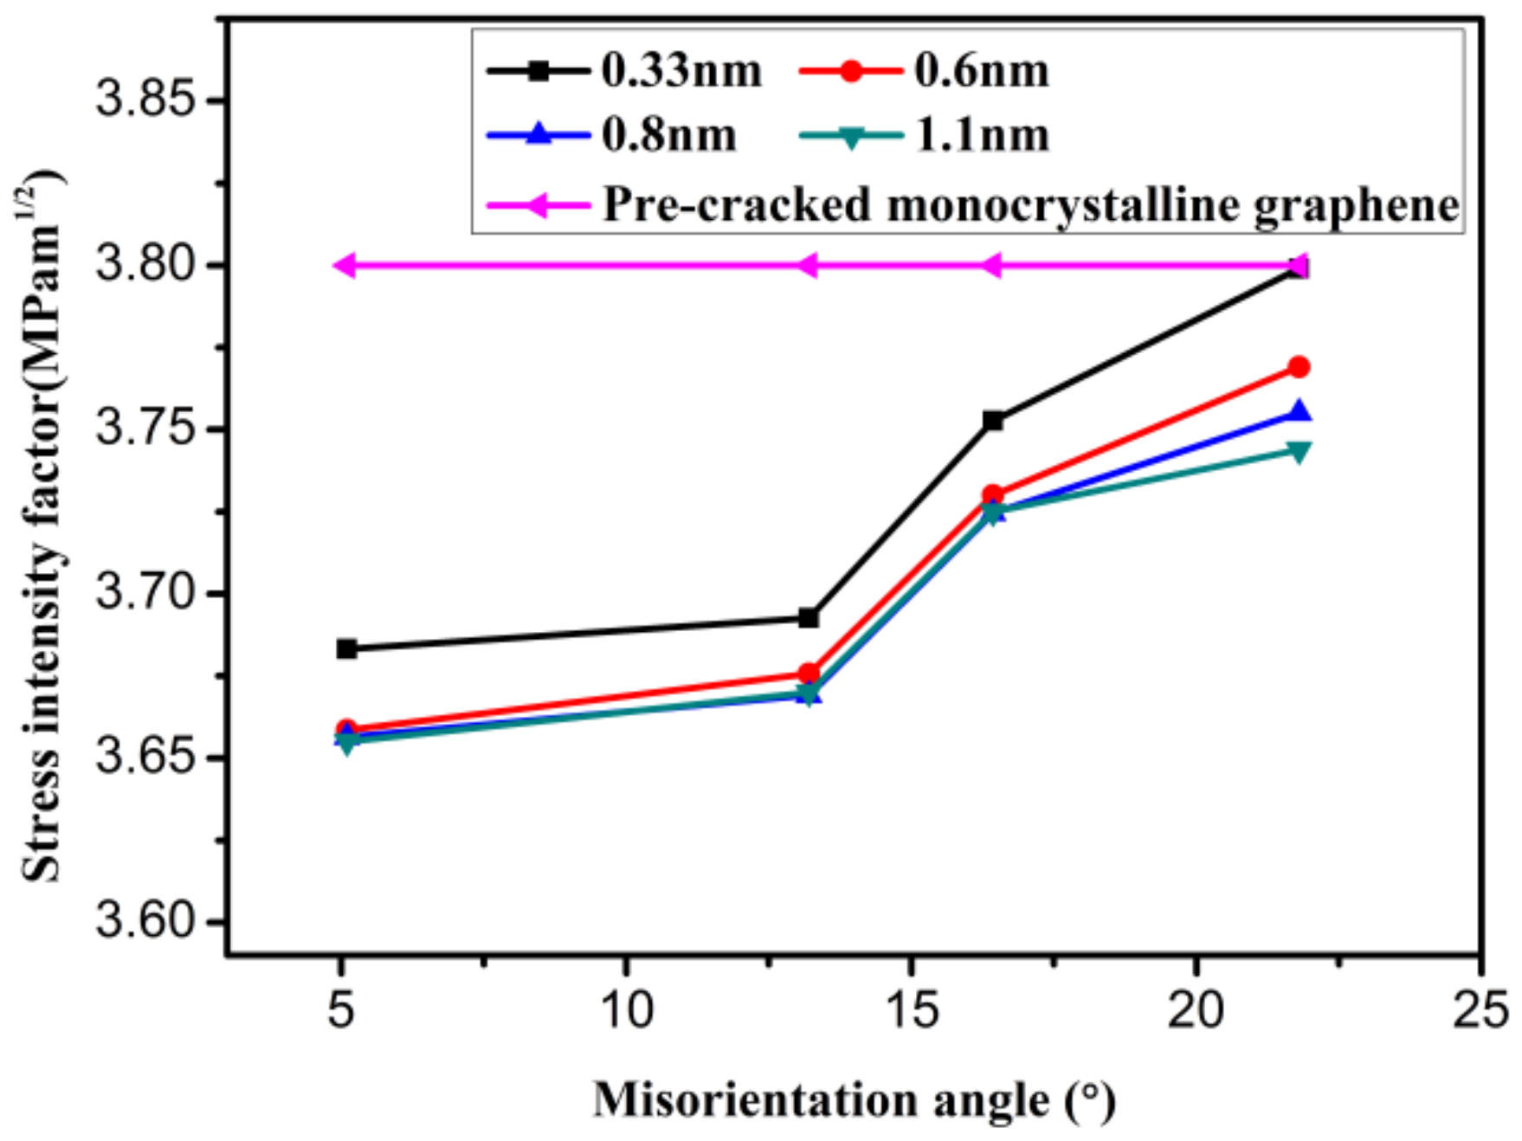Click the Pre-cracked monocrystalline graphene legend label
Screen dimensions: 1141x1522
1030,205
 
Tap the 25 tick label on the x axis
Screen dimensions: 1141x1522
1480,1009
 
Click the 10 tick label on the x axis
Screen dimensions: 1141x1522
625,1009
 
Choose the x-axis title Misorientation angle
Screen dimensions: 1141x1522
853,1100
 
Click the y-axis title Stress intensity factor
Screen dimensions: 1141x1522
42,528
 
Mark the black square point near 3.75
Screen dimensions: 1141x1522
992,421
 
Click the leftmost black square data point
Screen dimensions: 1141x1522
346,648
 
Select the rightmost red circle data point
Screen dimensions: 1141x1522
1298,367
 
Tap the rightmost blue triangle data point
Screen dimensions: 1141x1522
1298,412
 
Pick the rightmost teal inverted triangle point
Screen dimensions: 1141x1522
1298,451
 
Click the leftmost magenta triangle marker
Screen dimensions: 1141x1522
345,265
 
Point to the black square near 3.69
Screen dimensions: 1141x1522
808,617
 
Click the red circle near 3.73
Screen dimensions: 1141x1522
992,495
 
